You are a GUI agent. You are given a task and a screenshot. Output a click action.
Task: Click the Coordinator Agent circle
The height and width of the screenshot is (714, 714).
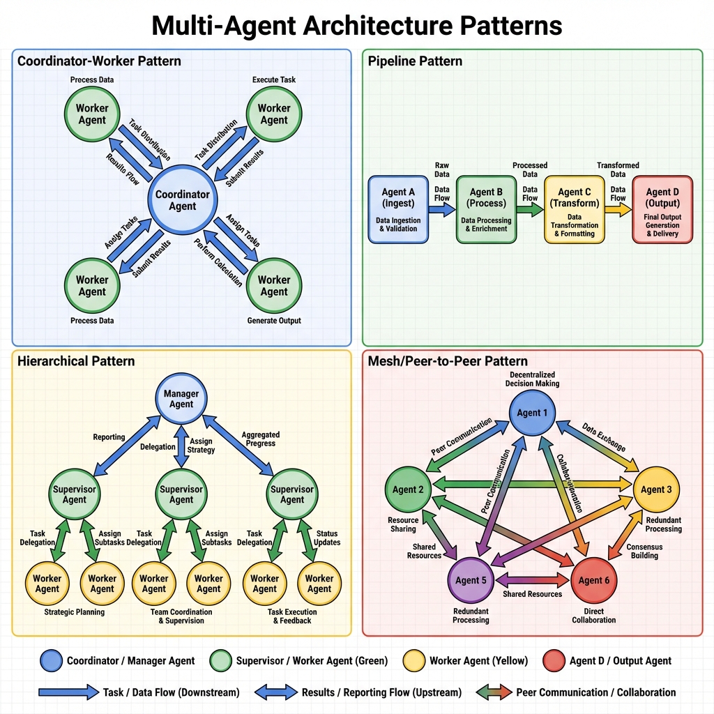pos(182,200)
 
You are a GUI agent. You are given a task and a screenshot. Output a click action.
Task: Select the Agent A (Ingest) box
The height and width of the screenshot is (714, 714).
pos(398,209)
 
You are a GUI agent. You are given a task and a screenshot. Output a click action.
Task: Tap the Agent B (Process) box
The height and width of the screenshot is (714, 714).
pos(486,209)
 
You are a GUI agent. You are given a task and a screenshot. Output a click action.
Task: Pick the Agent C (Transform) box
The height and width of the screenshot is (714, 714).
pos(574,209)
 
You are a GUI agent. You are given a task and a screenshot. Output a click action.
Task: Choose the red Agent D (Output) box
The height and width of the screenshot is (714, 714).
pos(662,209)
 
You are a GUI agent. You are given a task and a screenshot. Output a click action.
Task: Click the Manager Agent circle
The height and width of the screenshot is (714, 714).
pos(181,399)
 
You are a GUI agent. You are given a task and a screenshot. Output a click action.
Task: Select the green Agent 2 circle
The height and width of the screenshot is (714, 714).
pos(409,489)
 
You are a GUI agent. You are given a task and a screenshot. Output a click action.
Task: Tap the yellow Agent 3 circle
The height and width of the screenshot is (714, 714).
pos(657,489)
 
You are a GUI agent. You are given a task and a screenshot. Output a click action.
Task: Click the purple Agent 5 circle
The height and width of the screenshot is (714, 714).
pos(471,580)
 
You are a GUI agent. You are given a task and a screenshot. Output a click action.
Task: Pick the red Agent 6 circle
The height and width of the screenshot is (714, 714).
pos(595,580)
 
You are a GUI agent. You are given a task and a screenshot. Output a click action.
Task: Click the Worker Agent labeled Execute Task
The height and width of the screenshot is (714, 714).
pos(273,114)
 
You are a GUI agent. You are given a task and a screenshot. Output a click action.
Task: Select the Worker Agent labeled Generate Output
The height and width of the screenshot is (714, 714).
pos(273,285)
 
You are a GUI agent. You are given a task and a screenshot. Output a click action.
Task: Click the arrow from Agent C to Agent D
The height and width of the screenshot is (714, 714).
pos(617,210)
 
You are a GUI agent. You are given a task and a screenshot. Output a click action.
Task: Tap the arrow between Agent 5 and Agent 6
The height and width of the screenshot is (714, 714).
pos(533,579)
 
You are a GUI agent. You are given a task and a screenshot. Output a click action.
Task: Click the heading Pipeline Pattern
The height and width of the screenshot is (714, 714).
pos(415,61)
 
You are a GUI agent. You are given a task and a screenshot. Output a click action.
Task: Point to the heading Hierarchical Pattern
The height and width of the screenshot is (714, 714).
pos(76,361)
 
